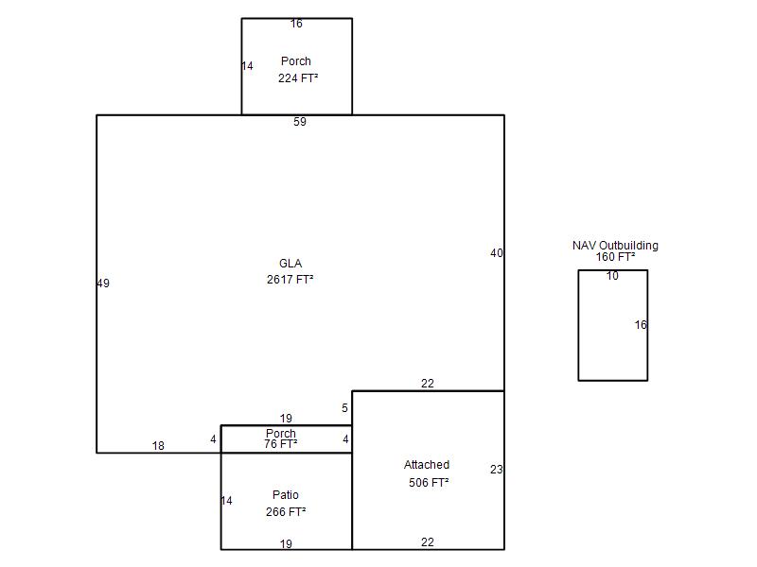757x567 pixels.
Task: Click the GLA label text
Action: point(290,264)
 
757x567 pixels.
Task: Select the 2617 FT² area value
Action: point(290,279)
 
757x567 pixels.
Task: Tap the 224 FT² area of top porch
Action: point(298,77)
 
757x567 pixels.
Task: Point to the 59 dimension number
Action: point(300,122)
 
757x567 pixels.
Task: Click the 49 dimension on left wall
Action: point(103,283)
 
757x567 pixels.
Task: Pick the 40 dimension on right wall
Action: point(496,252)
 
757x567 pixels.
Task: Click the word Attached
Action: point(427,464)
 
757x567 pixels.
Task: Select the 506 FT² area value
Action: point(429,482)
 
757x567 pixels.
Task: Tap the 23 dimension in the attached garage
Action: point(496,469)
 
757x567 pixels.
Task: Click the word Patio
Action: point(286,494)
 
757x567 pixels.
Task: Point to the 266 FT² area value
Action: point(286,511)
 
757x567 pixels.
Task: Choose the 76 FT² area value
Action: point(280,443)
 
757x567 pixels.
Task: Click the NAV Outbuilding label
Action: point(616,246)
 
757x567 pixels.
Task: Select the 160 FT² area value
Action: point(616,256)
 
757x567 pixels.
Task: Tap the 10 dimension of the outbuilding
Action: point(612,275)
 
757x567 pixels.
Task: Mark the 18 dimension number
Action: point(158,445)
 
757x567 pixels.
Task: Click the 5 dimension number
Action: point(344,408)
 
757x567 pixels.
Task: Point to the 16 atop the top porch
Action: point(296,23)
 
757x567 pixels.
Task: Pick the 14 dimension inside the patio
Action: point(226,501)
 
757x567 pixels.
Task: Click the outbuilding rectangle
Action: point(578,325)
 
